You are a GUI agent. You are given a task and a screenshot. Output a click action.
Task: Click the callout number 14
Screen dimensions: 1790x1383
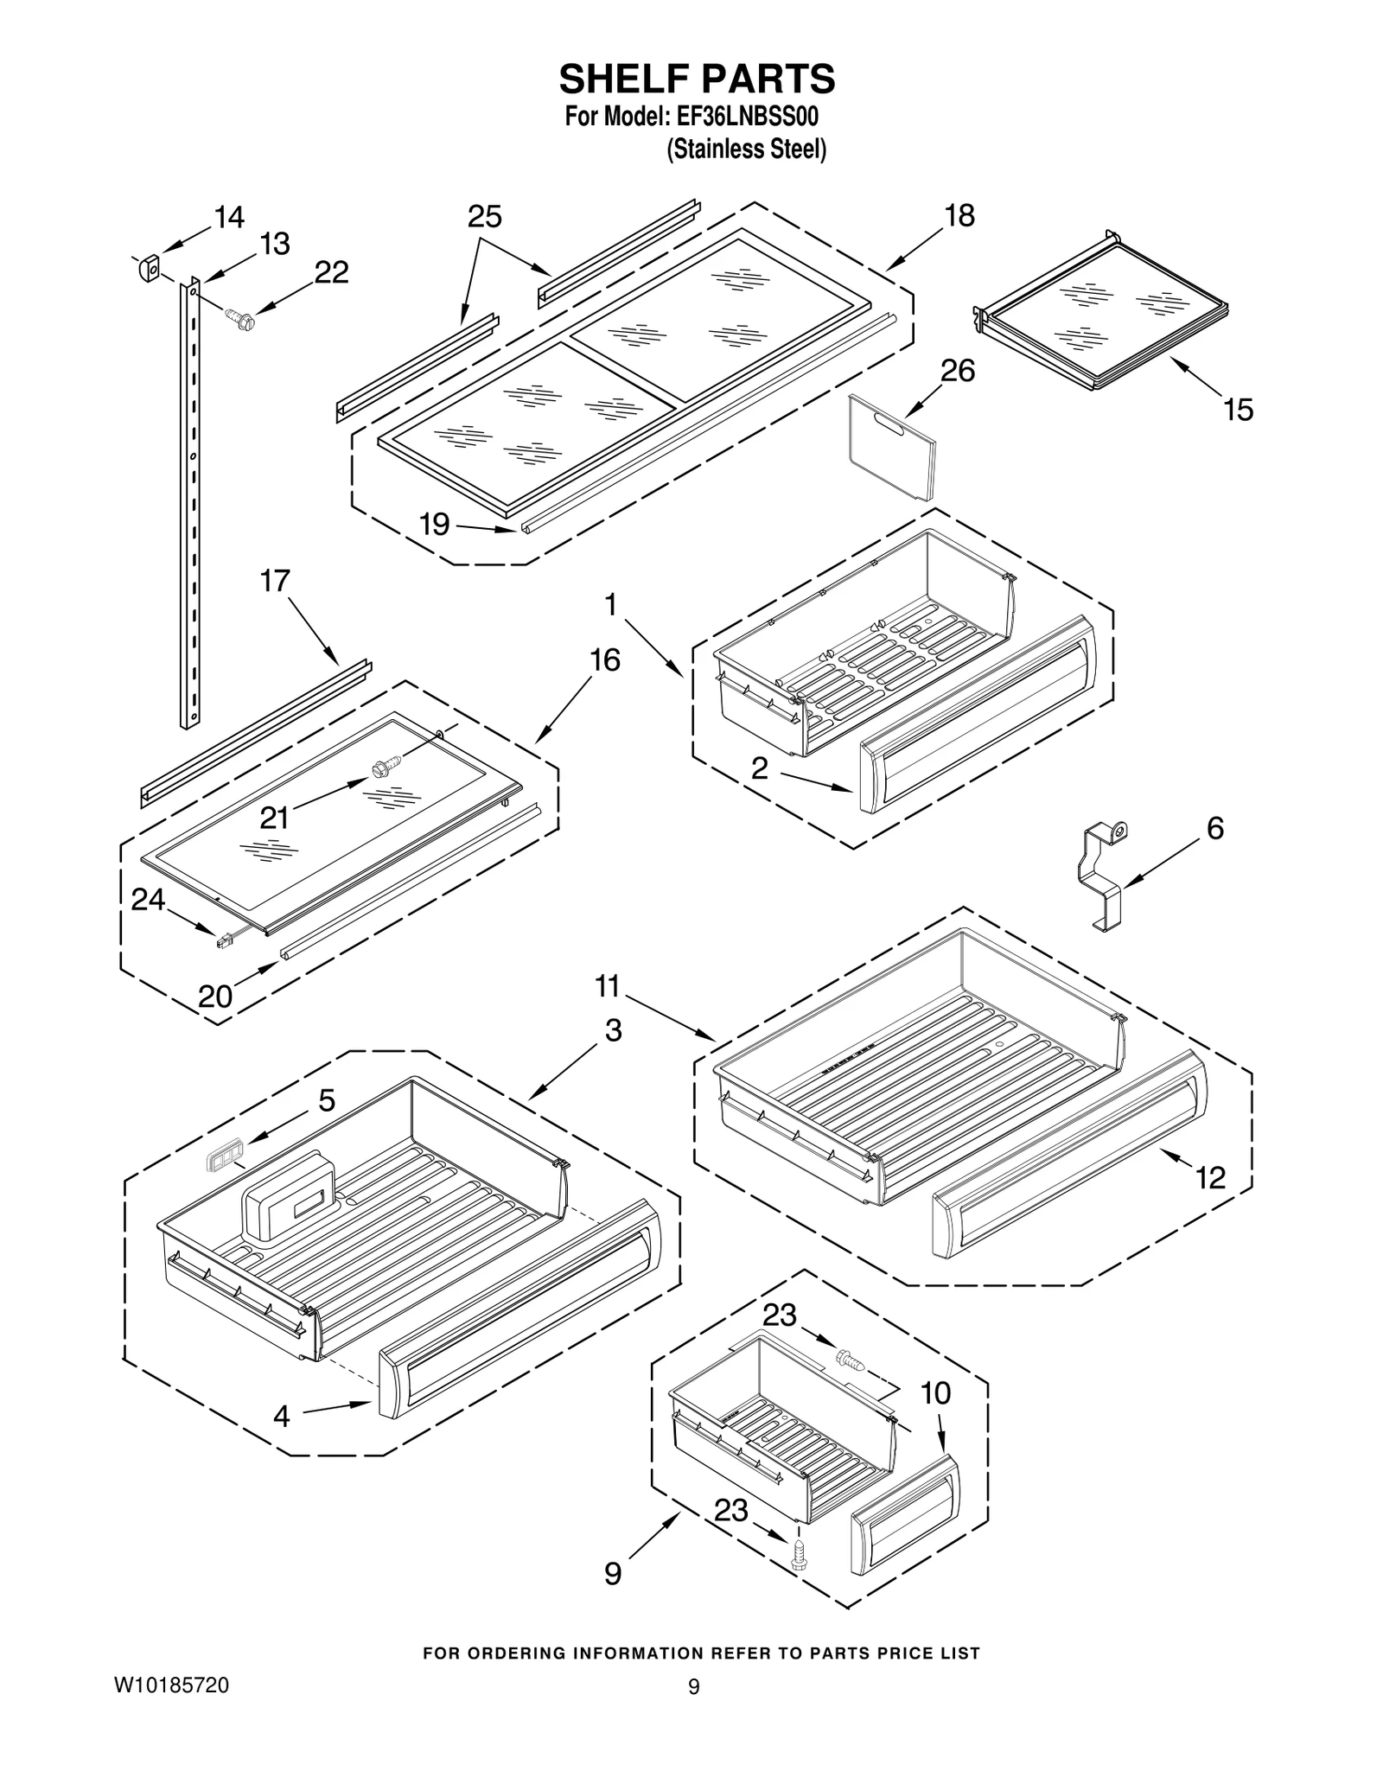coord(229,217)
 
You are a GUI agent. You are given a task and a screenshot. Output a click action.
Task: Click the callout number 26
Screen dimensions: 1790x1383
coord(957,371)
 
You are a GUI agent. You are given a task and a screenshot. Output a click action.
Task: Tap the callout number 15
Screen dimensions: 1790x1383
coord(1238,410)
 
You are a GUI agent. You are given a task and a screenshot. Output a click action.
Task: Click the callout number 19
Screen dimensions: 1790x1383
coord(435,524)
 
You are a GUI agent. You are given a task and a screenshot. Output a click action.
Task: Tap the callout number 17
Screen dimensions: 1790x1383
coord(275,581)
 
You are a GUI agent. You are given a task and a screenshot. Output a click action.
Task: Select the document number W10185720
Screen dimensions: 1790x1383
coord(171,1685)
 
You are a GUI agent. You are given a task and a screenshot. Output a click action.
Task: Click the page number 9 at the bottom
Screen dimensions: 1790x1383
coord(693,1686)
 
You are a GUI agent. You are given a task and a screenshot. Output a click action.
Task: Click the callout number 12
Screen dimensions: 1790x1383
coord(1211,1177)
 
